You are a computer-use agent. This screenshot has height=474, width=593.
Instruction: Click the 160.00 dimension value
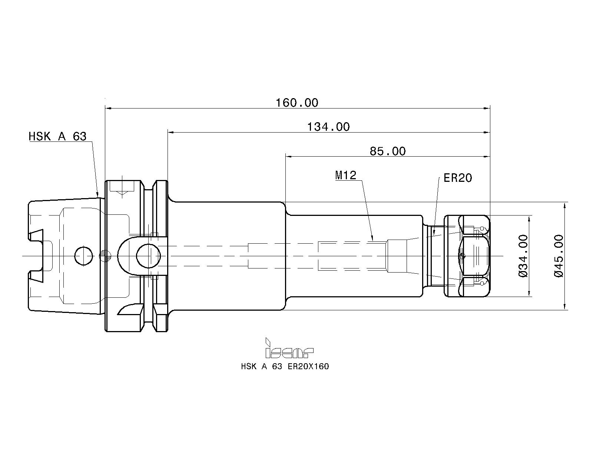coord(297,103)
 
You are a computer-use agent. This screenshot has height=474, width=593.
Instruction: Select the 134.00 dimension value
coord(328,127)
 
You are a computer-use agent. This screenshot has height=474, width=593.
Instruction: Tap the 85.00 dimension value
coord(388,151)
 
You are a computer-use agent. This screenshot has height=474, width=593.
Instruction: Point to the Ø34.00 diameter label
coord(523,256)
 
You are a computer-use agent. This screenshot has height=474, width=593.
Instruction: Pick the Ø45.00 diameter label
coord(558,256)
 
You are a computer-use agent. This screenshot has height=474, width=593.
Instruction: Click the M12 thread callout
coord(346,175)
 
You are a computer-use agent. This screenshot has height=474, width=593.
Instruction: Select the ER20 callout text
coord(458,178)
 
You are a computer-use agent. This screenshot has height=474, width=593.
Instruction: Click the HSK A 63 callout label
coord(57,136)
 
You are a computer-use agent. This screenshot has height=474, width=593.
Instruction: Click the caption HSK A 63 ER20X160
coord(285,366)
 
